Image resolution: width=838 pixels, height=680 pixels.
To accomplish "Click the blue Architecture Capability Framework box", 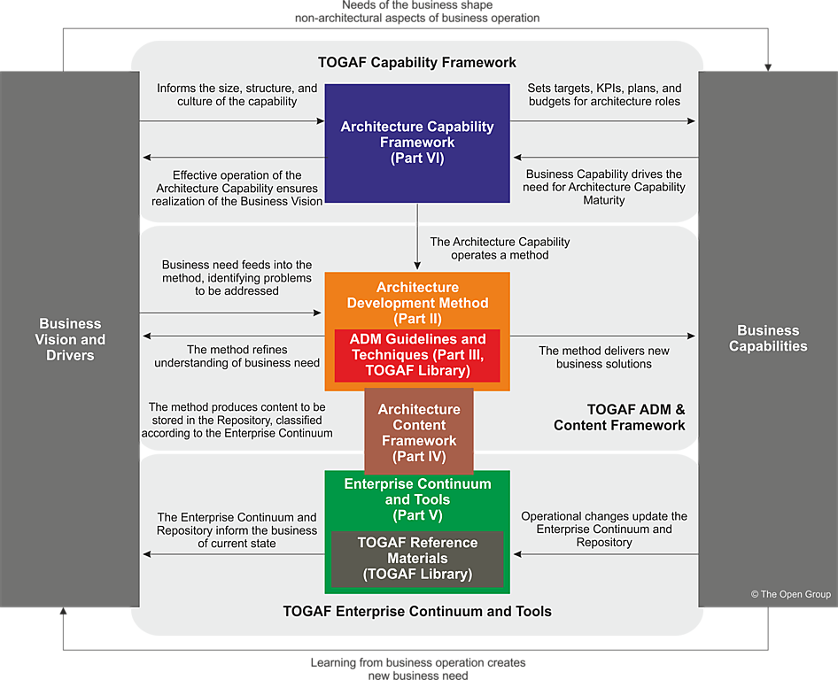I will click(x=416, y=143).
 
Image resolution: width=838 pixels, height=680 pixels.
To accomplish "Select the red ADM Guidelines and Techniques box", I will click(x=417, y=354).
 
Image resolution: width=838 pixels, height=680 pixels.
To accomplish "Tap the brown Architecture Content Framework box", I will click(x=418, y=433).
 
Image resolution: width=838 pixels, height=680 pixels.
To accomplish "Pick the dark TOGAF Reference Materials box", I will click(x=417, y=558).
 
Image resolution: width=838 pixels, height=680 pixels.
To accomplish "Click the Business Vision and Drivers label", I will click(x=70, y=339).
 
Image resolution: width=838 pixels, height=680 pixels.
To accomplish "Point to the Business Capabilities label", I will click(x=768, y=338).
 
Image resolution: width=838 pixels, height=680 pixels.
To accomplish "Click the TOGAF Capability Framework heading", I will click(x=416, y=63).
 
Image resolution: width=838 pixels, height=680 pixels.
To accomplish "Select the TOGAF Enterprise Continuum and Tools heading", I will click(x=417, y=611).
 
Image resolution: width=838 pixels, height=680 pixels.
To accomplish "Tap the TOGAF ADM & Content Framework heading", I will click(x=620, y=417).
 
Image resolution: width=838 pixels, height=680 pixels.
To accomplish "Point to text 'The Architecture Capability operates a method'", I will click(x=500, y=248).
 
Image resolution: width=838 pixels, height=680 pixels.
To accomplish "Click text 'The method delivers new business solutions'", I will click(x=603, y=357).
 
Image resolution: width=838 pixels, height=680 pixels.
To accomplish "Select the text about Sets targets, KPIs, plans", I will click(x=604, y=95).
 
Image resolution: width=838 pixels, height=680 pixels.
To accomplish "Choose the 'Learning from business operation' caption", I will click(x=417, y=668).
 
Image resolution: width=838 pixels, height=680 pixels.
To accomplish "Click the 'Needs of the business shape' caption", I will click(x=416, y=11).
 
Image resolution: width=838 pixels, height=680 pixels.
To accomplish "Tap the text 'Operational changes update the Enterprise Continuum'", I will click(x=603, y=529).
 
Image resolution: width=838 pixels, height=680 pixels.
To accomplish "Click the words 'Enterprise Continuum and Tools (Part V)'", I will click(x=417, y=499).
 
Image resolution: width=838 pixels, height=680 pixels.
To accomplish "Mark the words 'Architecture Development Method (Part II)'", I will click(x=417, y=303).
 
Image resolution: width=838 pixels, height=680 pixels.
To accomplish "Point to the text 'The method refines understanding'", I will click(x=237, y=356).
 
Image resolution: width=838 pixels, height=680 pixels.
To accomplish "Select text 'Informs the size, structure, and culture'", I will click(x=237, y=95).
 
